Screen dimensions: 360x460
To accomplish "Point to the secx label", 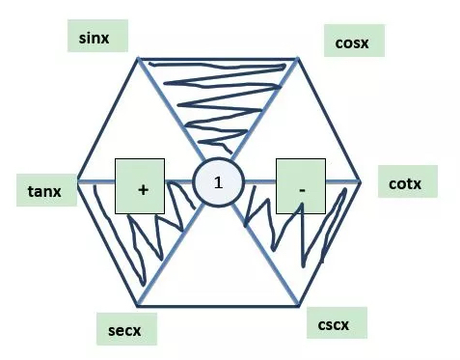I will [125, 330].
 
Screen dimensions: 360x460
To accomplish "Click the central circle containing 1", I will [218, 182].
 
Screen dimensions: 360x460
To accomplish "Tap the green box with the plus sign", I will [143, 187].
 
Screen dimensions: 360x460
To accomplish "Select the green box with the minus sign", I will [303, 185].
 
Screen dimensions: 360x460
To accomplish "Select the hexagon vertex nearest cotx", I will [361, 181].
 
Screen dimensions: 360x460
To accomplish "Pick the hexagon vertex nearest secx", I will [146, 306].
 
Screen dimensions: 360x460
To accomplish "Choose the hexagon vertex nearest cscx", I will [297, 306].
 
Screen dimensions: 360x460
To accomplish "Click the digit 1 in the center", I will [218, 182].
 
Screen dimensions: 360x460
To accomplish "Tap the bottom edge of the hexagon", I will [220, 306].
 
